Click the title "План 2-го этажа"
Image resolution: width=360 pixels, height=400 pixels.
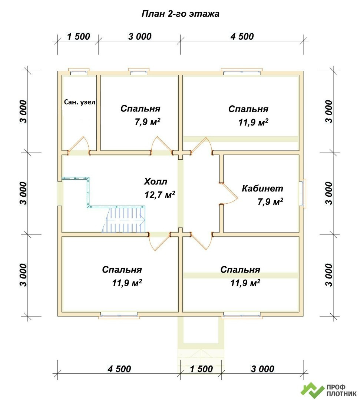coord(180,14)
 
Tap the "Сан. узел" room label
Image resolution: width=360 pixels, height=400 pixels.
coord(80,102)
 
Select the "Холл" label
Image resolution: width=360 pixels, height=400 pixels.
coord(155,181)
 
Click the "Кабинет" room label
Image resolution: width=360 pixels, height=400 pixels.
coord(262,188)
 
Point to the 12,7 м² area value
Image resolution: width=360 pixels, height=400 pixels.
coord(160,195)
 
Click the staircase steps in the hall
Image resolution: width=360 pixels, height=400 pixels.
coord(124,220)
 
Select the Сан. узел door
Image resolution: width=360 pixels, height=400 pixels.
coord(79,146)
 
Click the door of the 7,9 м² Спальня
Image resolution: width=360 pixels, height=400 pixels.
coord(162,146)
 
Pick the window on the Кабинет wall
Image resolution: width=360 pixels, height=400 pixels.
coord(304,193)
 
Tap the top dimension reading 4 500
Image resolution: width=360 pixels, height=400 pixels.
coord(242,36)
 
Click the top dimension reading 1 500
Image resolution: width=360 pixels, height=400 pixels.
coord(78,36)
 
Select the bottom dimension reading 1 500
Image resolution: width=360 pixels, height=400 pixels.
coord(201,369)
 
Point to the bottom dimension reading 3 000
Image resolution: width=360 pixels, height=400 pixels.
coord(262,369)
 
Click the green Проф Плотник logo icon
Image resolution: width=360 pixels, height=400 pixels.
coord(312,391)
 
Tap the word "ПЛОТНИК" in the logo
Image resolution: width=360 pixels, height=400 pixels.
coord(341,394)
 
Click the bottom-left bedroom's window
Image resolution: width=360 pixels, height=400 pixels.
coord(119,315)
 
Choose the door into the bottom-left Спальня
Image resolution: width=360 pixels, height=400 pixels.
coord(159,241)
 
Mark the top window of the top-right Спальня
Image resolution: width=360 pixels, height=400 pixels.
coord(241,72)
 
